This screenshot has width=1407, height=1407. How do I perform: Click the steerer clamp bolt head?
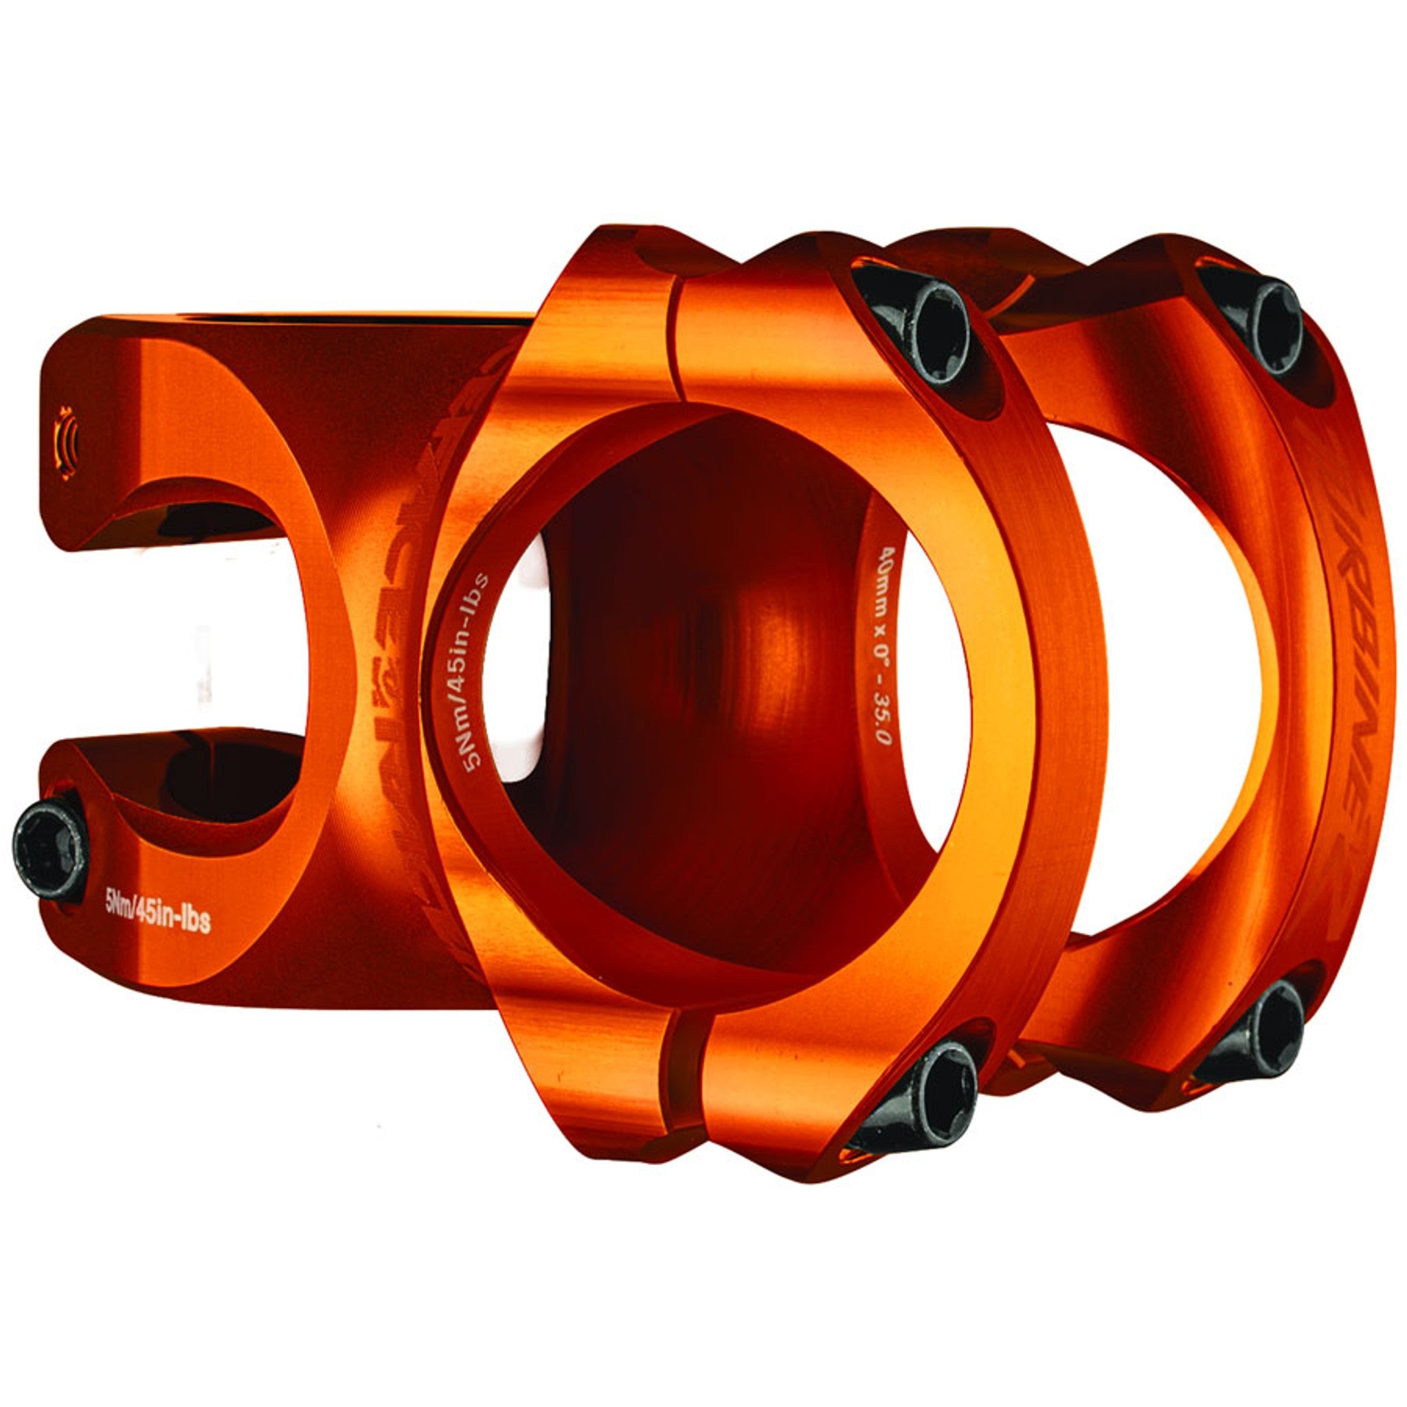point(49,850)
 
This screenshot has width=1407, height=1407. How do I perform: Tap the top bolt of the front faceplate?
point(919,327)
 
